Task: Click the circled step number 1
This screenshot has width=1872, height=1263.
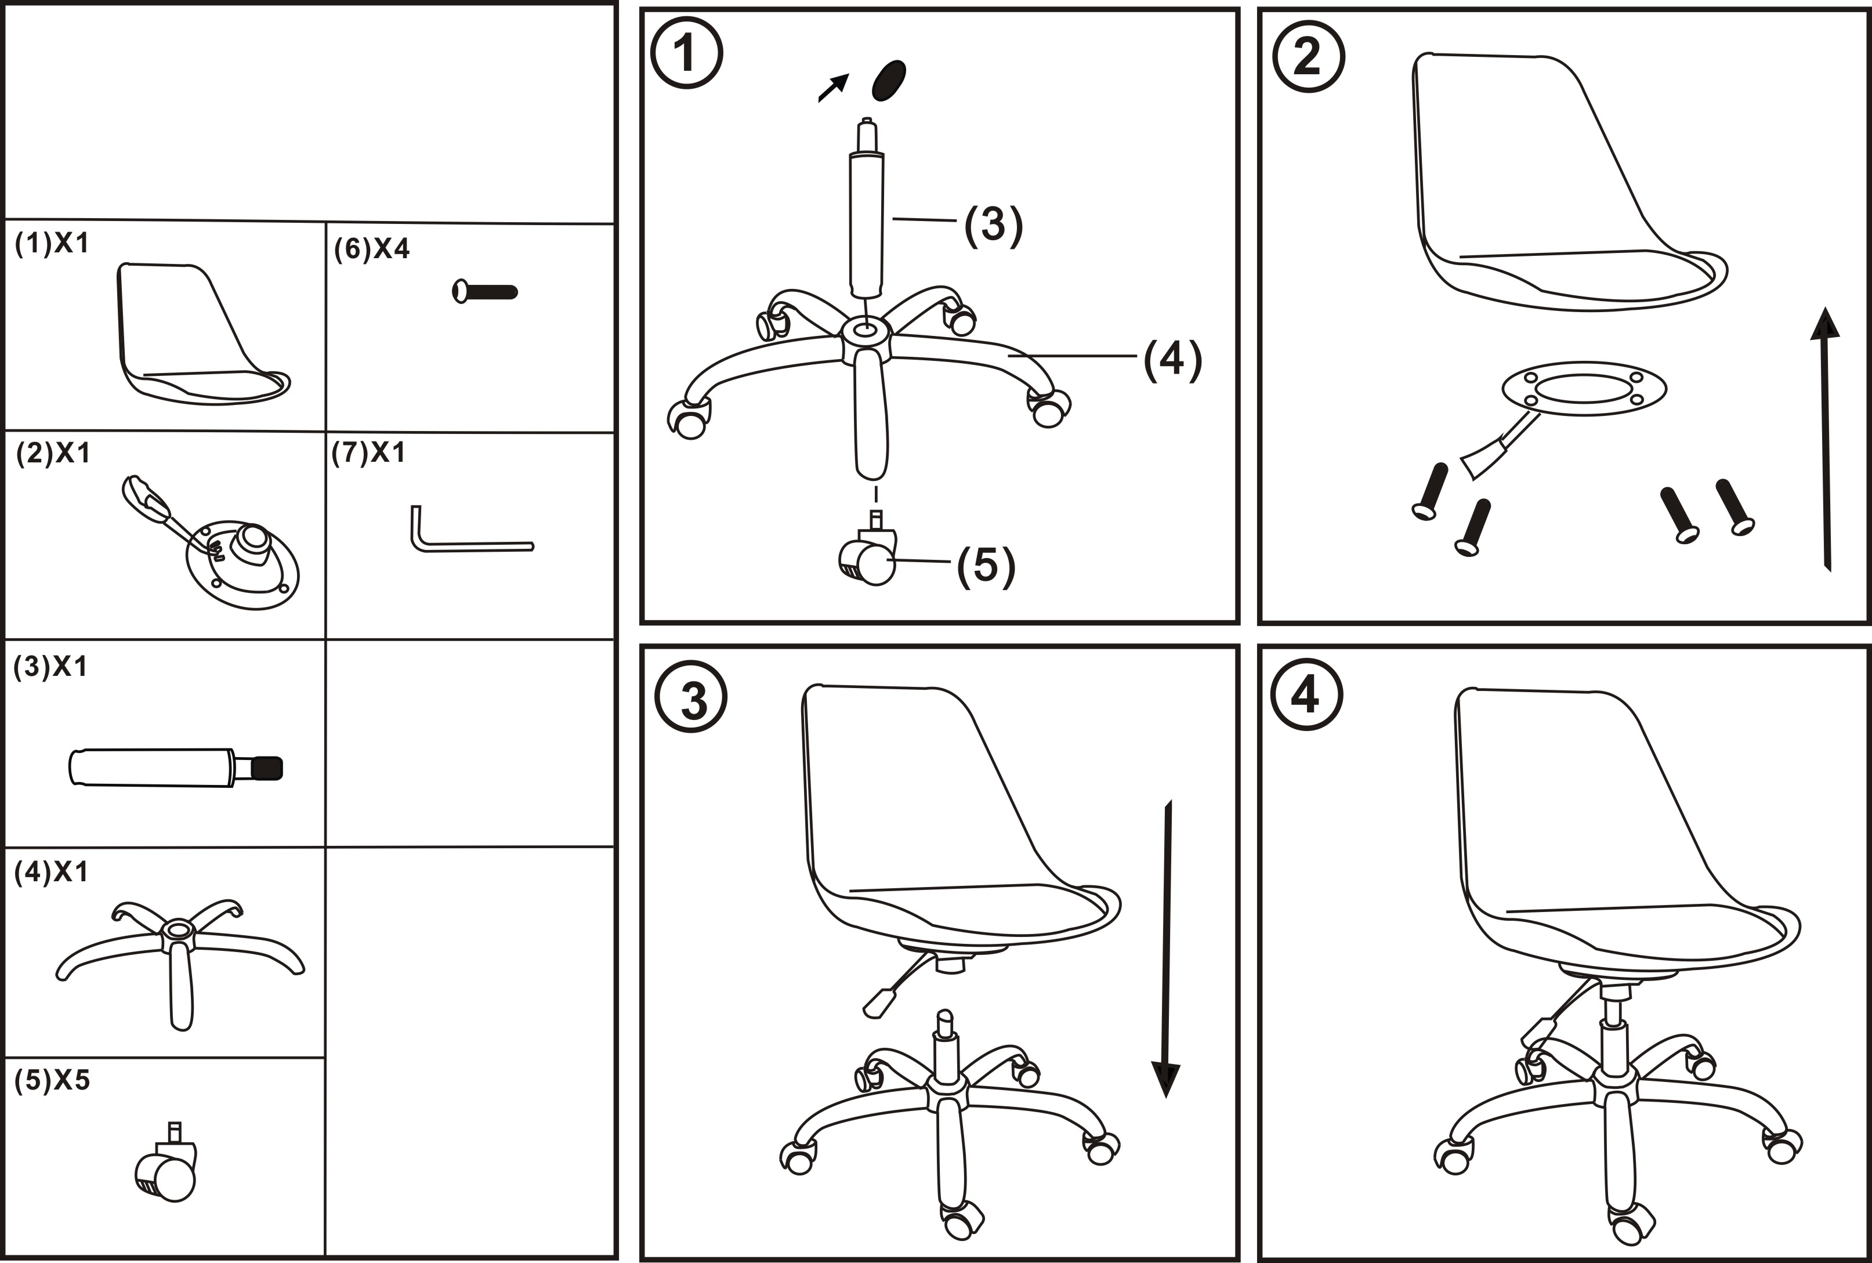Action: tap(686, 54)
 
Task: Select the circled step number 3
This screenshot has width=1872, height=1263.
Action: tap(691, 697)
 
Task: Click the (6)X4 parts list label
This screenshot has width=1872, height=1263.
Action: tap(372, 249)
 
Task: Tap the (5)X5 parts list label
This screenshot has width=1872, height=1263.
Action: tap(52, 1080)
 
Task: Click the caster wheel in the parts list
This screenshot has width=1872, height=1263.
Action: tap(166, 1167)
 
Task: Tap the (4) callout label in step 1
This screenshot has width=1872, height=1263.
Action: tap(1172, 359)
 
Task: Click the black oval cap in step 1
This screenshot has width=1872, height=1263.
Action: tap(889, 81)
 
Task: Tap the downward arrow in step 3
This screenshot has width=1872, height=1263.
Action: tap(1166, 950)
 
